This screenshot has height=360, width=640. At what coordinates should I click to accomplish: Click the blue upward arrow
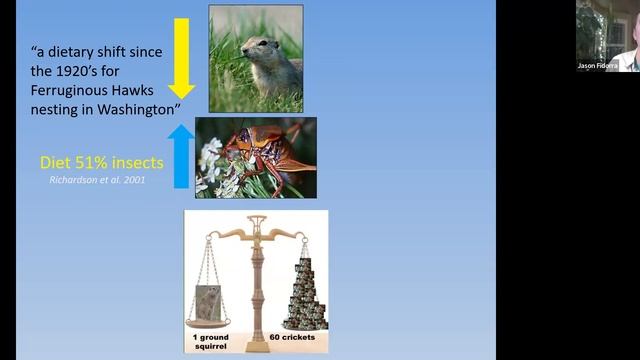[x=182, y=156]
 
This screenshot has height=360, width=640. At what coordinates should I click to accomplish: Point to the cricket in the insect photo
[x=263, y=150]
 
